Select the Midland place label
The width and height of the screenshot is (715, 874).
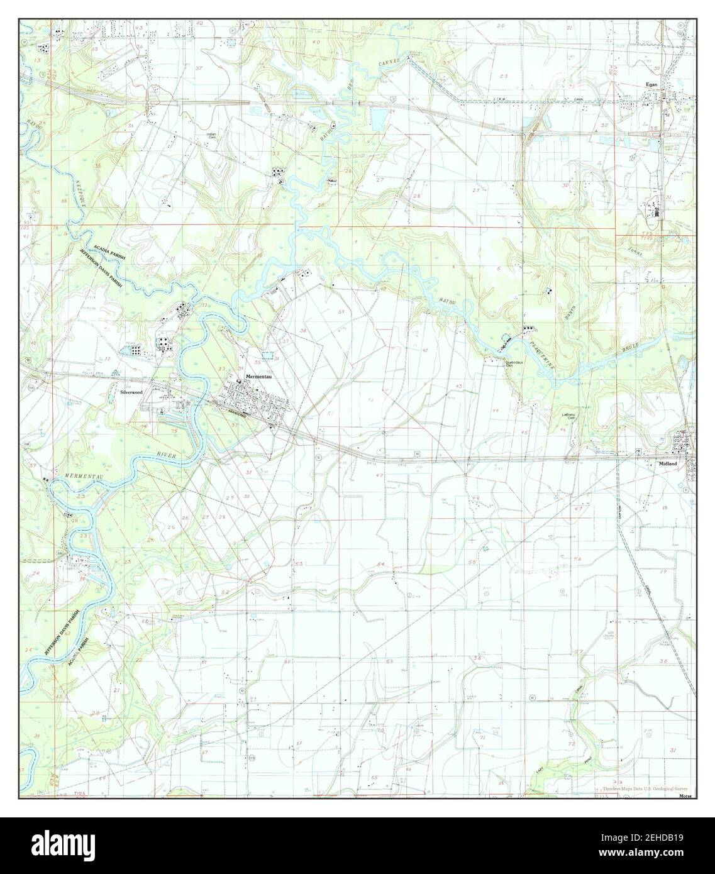[x=667, y=463]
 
